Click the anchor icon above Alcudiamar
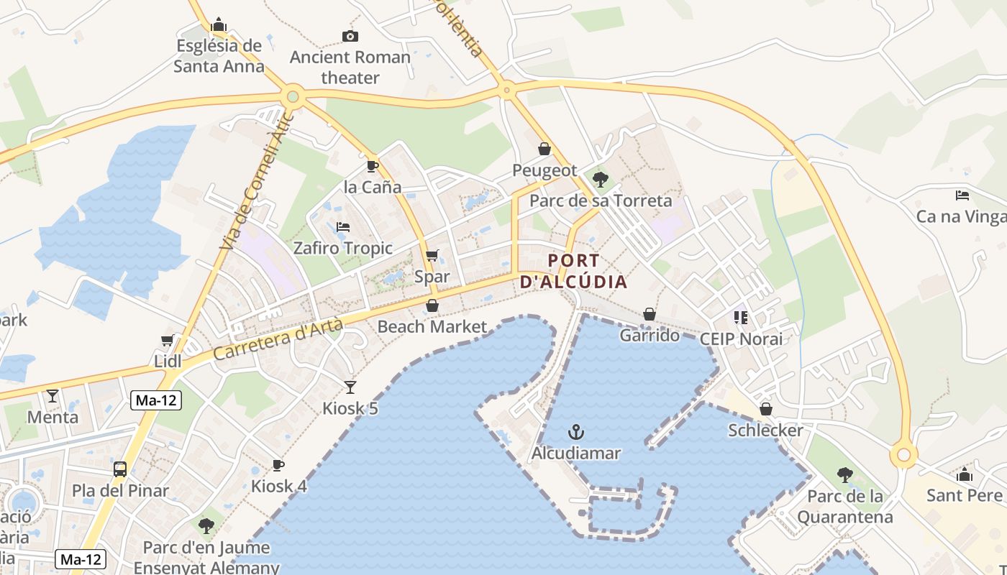point(575,432)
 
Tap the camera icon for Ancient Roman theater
point(350,36)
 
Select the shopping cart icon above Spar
point(432,256)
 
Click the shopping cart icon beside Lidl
point(168,340)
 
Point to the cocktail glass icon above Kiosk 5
point(350,387)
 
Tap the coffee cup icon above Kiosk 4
point(278,465)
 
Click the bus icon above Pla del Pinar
point(120,469)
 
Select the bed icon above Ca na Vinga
point(962,195)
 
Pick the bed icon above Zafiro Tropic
point(343,227)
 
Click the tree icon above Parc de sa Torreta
point(600,179)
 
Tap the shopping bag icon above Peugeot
point(544,149)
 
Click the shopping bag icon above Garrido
point(649,314)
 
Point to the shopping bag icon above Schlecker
point(765,409)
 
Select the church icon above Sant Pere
point(965,474)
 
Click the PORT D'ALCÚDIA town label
point(573,271)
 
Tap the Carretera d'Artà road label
point(278,340)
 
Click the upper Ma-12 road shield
point(156,401)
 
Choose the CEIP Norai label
point(740,339)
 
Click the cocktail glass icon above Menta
point(53,395)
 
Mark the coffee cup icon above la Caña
point(372,166)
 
